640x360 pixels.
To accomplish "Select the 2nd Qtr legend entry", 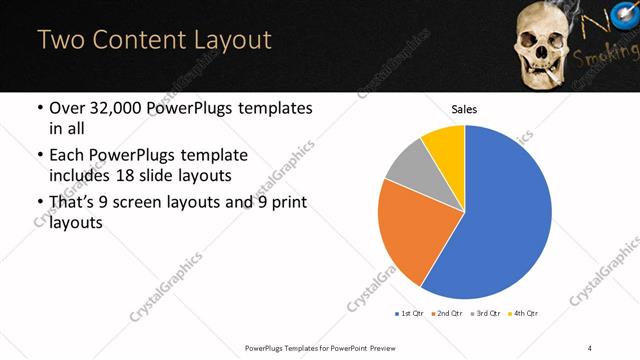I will [x=447, y=314].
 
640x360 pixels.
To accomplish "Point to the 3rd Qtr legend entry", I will [x=486, y=314].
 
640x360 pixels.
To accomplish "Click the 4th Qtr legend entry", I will [x=524, y=314].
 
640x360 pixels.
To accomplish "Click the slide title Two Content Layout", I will [x=154, y=40].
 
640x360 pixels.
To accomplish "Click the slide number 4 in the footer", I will [x=590, y=347].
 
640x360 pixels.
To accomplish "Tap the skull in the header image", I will [x=541, y=40].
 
